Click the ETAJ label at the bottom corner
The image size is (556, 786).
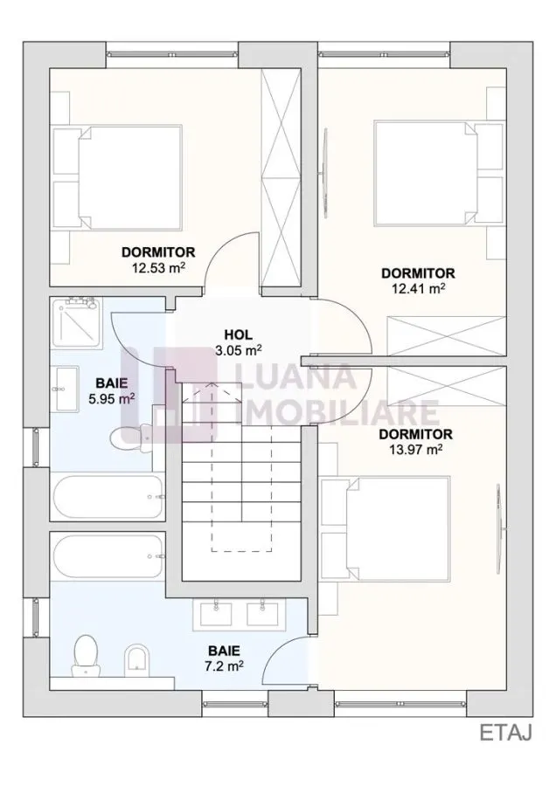pos(505,733)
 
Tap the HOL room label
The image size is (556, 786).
pos(239,334)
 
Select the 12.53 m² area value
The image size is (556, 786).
pos(158,267)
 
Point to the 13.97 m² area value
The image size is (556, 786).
pos(415,449)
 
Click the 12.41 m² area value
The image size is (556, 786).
pos(419,288)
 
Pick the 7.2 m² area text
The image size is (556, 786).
pos(225,665)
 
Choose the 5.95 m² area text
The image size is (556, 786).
pos(111,399)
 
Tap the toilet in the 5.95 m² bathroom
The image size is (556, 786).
pos(131,438)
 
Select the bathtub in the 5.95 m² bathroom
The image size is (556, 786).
pos(108,497)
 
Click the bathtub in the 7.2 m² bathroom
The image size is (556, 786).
pos(108,556)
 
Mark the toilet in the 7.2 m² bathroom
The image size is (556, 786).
pos(86,655)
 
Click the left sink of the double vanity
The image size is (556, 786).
pos(216,615)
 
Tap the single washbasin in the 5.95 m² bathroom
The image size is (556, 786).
pos(66,388)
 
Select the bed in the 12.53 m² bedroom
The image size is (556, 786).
pos(118,176)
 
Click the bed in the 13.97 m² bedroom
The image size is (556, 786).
pos(385,529)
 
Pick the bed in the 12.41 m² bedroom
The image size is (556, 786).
pos(438,172)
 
